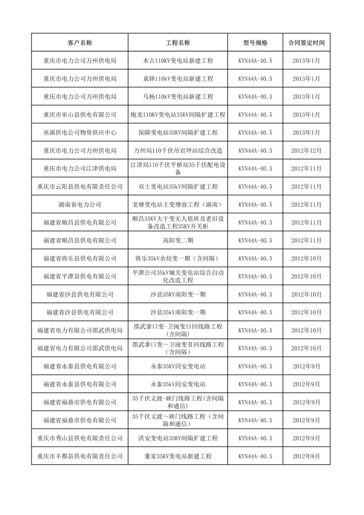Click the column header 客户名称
coord(79,43)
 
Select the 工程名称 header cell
coord(178,43)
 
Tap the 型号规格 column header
coord(255,43)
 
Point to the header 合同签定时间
coord(306,43)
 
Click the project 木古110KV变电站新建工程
coord(178,61)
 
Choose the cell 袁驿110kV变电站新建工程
coord(178,79)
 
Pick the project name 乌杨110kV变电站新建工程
coord(178,96)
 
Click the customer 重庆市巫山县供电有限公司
coord(79,115)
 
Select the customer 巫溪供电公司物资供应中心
coord(79,132)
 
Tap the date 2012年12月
coord(306,151)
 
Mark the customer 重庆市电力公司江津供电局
coord(79,168)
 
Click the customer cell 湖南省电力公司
coord(79,204)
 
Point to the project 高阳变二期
coord(178,240)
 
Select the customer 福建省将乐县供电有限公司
coord(79,259)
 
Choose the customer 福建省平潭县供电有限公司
coord(79,276)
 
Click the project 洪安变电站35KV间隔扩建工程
coord(178,438)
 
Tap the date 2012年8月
coord(306,456)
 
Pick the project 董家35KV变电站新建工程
coord(178,456)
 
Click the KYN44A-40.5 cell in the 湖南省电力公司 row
coord(255,204)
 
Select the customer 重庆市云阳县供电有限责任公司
coord(79,187)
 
